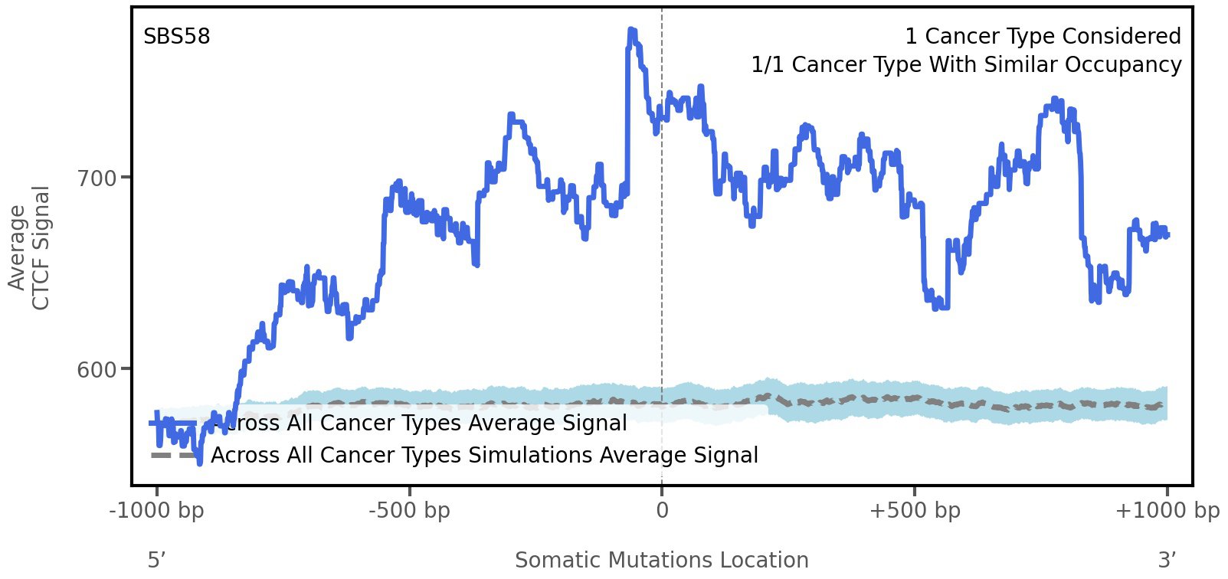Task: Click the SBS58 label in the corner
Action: (176, 37)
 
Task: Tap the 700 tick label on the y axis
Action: (97, 178)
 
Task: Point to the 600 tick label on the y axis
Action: (97, 370)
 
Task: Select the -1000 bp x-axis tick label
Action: (157, 511)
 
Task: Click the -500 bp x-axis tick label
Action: (409, 511)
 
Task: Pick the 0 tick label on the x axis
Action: (662, 511)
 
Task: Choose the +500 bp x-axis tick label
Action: (915, 511)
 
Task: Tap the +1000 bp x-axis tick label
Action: (1167, 511)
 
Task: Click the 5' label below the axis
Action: (156, 561)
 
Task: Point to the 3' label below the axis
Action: (1167, 561)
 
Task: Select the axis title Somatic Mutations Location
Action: (662, 561)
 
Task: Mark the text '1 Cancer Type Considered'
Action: (1043, 37)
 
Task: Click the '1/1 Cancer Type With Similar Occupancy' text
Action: (966, 65)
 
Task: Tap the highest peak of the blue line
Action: (631, 31)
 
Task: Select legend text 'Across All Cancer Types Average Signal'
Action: (418, 424)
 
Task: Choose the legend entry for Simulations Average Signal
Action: (484, 456)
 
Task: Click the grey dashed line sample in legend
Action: (173, 456)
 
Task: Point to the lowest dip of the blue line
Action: (200, 463)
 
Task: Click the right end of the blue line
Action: (1167, 234)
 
